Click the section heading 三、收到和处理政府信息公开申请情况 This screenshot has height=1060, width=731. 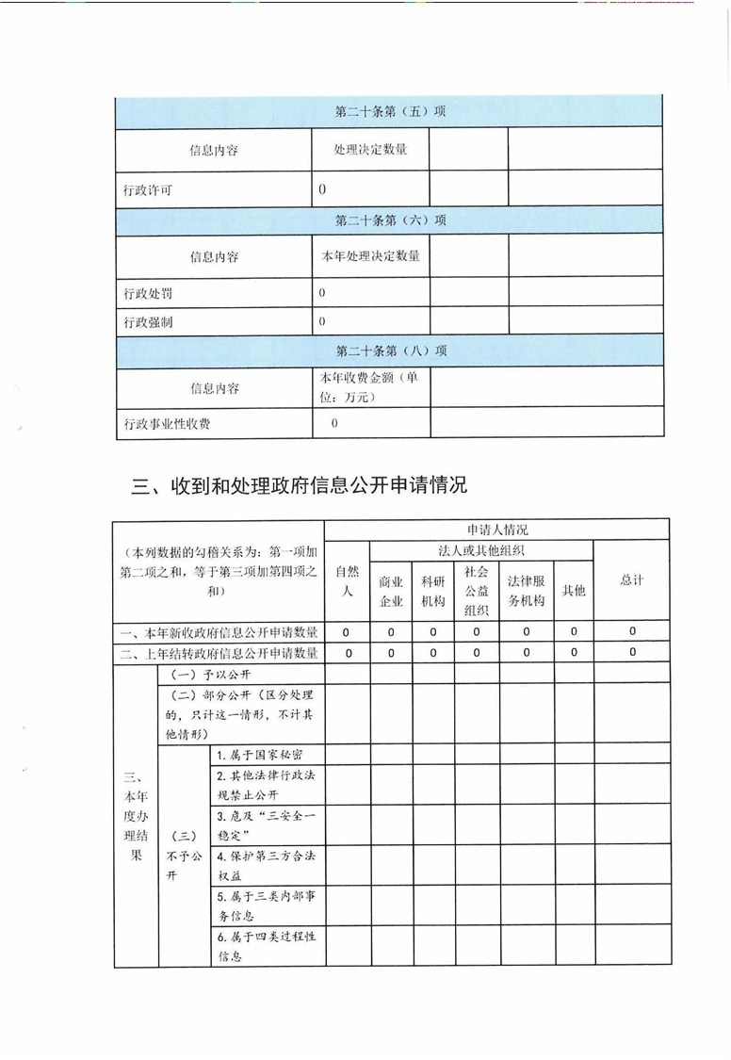[x=299, y=486]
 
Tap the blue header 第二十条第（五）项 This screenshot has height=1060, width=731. [x=390, y=111]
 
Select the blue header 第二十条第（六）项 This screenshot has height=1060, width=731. [x=390, y=220]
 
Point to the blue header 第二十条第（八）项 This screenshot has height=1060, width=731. [x=390, y=351]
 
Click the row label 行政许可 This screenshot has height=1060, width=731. [x=148, y=190]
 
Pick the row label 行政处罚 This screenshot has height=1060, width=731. [x=148, y=294]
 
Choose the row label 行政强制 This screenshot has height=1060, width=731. [x=148, y=322]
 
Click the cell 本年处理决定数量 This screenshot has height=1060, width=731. [x=371, y=255]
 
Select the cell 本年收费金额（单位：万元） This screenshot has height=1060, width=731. [x=369, y=387]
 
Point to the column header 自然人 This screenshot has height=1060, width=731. [x=348, y=580]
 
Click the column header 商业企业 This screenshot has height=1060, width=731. [x=391, y=591]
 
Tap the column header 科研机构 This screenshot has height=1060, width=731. [x=433, y=591]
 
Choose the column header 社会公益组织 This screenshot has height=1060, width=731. [x=477, y=591]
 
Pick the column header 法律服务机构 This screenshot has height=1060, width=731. [x=526, y=591]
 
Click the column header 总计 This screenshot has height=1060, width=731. [x=631, y=580]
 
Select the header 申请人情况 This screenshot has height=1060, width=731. [x=496, y=530]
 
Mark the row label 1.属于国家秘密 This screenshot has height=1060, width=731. [x=259, y=756]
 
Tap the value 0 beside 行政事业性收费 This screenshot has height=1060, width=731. [x=334, y=424]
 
